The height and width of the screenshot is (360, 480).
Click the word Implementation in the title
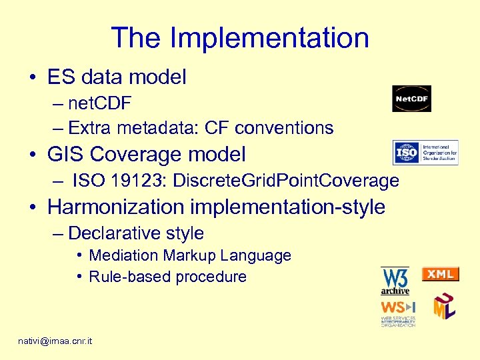click(269, 38)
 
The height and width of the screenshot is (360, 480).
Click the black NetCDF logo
click(411, 99)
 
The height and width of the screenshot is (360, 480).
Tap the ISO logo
click(425, 152)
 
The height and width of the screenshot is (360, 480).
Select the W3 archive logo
click(395, 281)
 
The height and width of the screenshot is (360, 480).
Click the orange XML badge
click(441, 274)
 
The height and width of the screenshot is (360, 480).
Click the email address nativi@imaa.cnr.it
click(55, 341)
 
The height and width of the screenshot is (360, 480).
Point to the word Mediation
click(123, 255)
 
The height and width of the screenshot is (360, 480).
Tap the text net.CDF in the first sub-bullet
click(99, 103)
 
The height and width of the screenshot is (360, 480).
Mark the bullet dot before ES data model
click(33, 78)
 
